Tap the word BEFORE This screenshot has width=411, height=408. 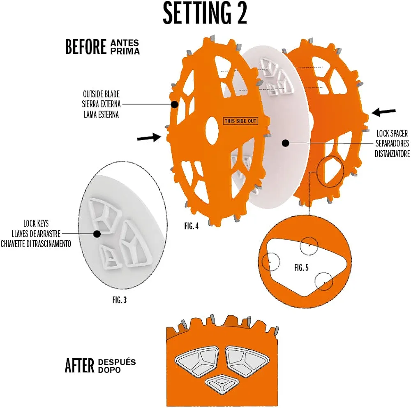coord(85,47)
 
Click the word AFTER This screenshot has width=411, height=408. coord(79,365)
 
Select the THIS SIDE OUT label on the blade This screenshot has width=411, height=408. coord(240,121)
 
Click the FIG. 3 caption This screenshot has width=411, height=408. coord(119,300)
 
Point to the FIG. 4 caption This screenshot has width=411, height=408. coord(192,226)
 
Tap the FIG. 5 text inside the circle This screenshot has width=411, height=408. coord(301,268)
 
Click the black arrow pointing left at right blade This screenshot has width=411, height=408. coord(384,111)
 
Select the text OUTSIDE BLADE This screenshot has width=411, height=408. coord(101,95)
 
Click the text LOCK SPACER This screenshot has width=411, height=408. coord(392,134)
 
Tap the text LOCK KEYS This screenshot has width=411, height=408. coord(36,224)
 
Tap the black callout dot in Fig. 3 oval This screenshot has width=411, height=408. coord(97,234)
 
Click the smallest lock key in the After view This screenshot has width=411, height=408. coord(222,383)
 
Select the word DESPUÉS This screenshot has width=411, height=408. coord(117,362)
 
